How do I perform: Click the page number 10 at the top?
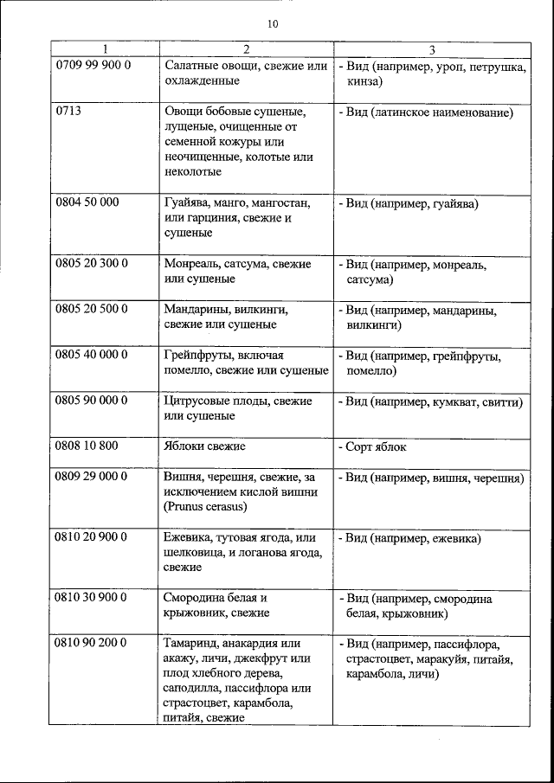point(274,24)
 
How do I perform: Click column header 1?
point(105,49)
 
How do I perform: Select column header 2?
point(246,49)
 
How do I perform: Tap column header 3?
point(430,49)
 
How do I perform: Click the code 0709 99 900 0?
point(93,66)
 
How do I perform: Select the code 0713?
point(68,112)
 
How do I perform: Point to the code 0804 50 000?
point(87,202)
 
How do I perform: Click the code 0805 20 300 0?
point(93,263)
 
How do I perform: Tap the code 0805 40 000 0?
point(93,355)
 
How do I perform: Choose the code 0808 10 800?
point(87,446)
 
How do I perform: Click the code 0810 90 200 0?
point(93,643)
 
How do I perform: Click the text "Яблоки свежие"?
point(204,446)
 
